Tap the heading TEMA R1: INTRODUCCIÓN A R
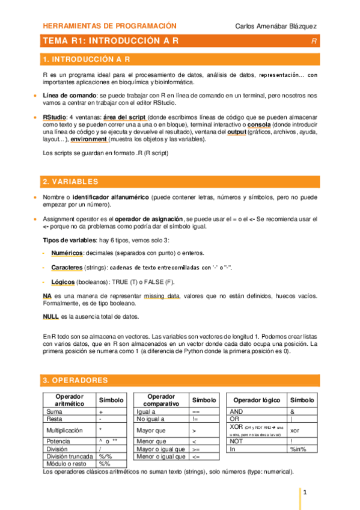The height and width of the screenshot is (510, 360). pyautogui.click(x=111, y=41)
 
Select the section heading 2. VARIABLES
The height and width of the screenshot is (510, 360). pyautogui.click(x=70, y=182)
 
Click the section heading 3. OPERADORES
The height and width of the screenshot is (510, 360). pyautogui.click(x=75, y=380)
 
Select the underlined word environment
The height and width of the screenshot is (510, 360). pyautogui.click(x=88, y=139)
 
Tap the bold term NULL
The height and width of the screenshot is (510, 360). pyautogui.click(x=50, y=316)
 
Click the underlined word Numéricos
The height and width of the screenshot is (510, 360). pyautogui.click(x=67, y=253)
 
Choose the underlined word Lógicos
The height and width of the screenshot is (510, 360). pyautogui.click(x=64, y=281)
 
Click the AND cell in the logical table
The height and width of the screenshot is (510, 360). pyautogui.click(x=237, y=411)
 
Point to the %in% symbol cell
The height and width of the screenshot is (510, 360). pyautogui.click(x=298, y=449)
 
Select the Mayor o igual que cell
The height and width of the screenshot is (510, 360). pyautogui.click(x=158, y=449)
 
